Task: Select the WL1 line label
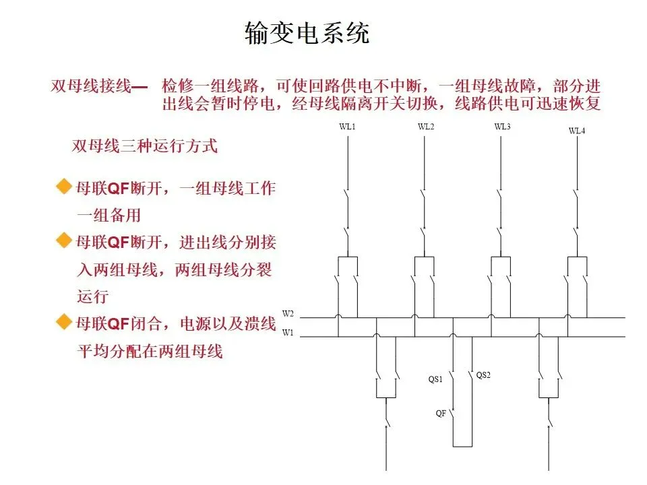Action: click(347, 127)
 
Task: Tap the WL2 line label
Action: click(426, 127)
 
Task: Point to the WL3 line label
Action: click(502, 127)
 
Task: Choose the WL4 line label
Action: click(577, 131)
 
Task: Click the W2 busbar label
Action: click(288, 314)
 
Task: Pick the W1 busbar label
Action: click(288, 332)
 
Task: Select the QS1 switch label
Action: click(435, 379)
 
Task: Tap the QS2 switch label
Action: click(483, 375)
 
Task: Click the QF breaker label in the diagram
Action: click(441, 413)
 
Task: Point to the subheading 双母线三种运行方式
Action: click(145, 146)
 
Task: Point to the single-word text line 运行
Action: click(92, 296)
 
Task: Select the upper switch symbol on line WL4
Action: click(578, 200)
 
